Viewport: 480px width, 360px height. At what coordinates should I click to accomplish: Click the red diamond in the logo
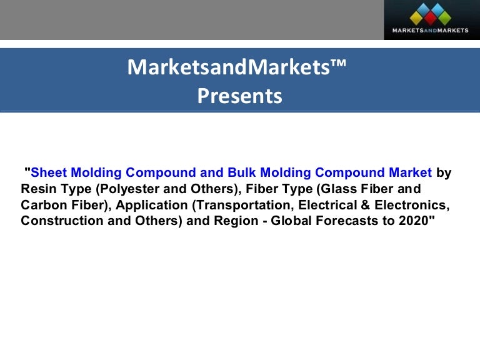[x=429, y=17]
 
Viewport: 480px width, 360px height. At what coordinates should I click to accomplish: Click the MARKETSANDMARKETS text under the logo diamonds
[x=430, y=30]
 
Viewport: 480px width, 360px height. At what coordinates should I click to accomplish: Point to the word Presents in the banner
[x=239, y=96]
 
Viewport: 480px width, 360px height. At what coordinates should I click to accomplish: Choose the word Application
[x=149, y=205]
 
